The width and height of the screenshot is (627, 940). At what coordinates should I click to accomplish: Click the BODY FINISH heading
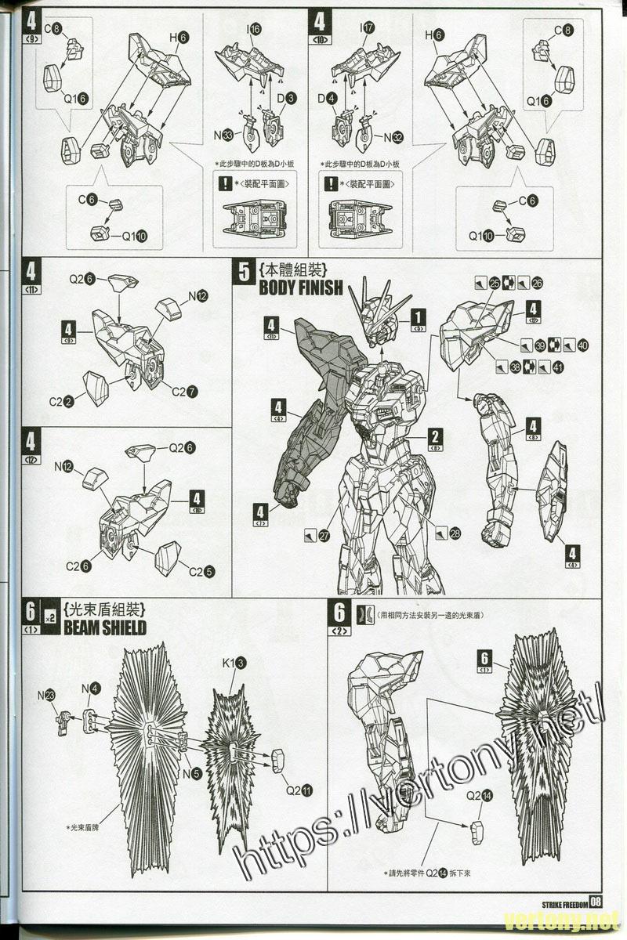(301, 287)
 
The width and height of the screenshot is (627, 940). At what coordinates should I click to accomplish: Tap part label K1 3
(234, 663)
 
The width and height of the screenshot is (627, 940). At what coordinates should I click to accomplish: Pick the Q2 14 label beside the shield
(479, 795)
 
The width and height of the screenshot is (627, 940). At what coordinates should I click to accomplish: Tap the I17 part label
(367, 28)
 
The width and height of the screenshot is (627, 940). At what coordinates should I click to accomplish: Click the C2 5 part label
(201, 571)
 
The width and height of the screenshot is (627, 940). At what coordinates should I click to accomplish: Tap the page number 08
(596, 901)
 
